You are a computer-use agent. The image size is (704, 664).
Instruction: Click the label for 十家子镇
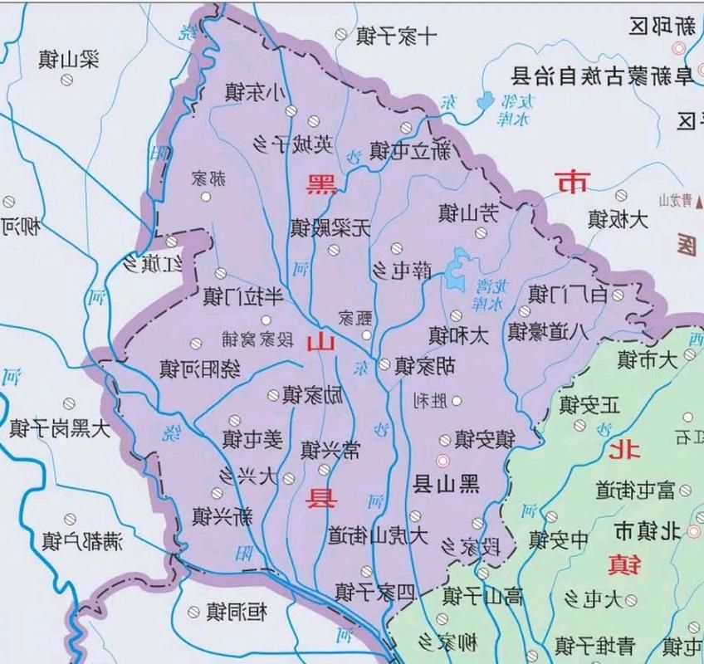pos(397,37)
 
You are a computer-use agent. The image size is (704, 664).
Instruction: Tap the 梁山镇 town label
pos(69,60)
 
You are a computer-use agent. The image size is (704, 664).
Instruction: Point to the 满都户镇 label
pos(82,543)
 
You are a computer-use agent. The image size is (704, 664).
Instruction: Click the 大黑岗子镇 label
pos(60,428)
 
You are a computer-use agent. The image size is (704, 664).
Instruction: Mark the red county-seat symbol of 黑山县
pos(442,461)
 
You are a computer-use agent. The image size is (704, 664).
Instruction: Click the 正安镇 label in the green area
pos(589,405)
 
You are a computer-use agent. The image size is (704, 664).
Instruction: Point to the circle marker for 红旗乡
pos(171,242)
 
